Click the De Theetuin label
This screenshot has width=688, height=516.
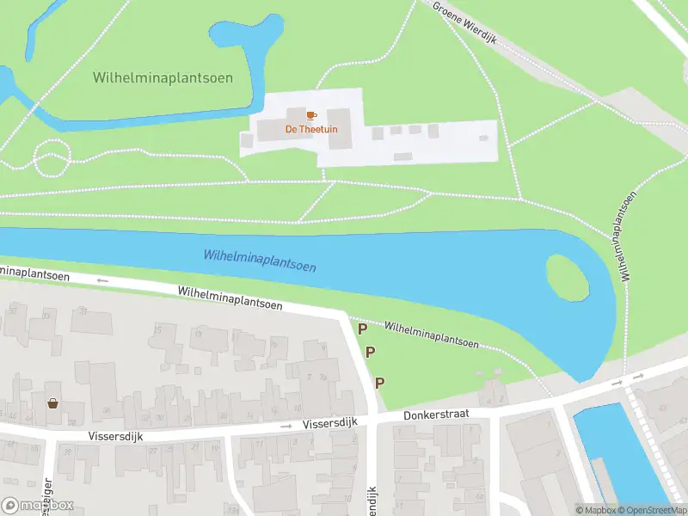(x=311, y=129)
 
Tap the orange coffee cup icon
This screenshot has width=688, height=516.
(x=311, y=114)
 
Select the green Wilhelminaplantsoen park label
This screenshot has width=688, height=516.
(x=163, y=78)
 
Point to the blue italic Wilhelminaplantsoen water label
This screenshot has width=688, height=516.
(x=260, y=260)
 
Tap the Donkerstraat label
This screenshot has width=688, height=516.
(x=435, y=415)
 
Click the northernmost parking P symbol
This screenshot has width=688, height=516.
(x=363, y=329)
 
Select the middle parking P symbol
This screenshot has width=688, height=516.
(x=371, y=352)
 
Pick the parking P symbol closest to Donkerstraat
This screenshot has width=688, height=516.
(x=379, y=383)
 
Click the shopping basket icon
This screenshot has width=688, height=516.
(x=52, y=402)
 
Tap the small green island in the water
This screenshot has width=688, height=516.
(x=568, y=277)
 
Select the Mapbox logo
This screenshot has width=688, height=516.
(x=37, y=505)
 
